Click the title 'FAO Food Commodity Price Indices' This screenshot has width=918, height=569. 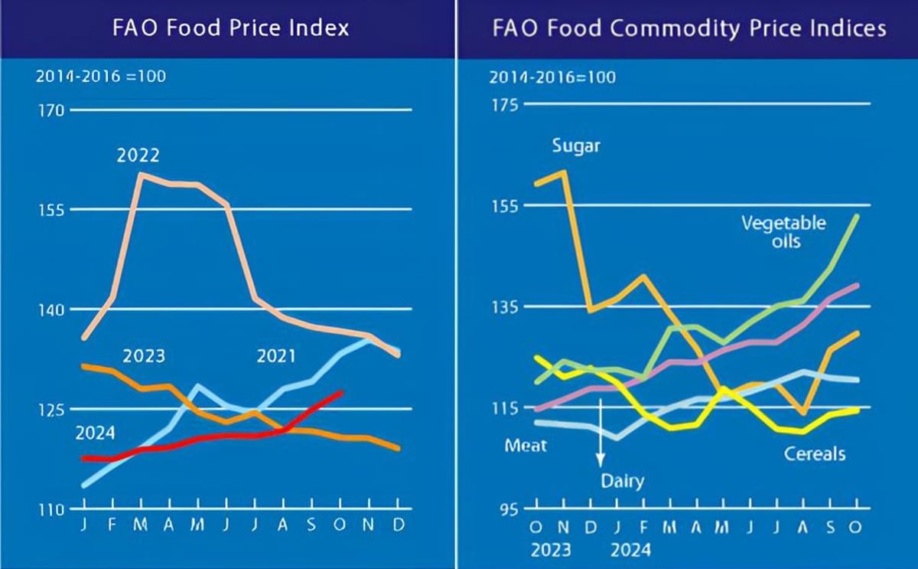tap(689, 28)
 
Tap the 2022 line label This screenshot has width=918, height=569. tap(138, 155)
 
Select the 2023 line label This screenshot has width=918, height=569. tap(144, 356)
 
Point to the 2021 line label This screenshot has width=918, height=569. tap(275, 356)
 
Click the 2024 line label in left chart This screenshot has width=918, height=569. tap(95, 433)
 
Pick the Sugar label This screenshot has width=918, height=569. tap(576, 146)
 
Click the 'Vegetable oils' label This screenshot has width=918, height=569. tap(783, 231)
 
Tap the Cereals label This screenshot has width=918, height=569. tap(815, 454)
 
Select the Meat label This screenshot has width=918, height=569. tap(526, 445)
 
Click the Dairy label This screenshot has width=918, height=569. tap(622, 482)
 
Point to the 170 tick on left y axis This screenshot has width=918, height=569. tap(50, 110)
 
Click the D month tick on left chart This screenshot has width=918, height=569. tap(399, 528)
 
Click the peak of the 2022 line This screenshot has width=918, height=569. tap(141, 175)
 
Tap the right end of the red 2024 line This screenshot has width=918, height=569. tap(341, 392)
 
